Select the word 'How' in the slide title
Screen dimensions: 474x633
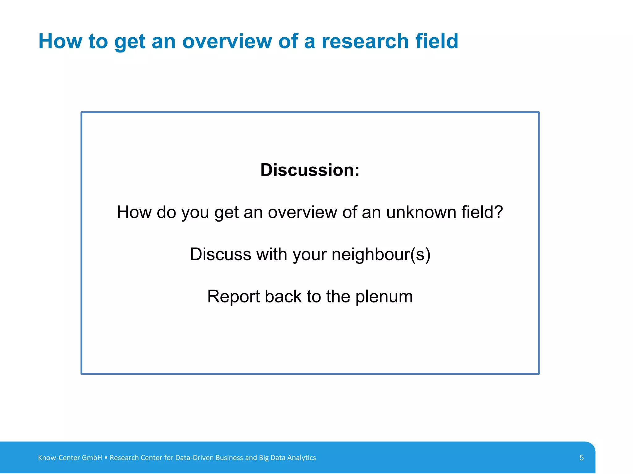coord(60,41)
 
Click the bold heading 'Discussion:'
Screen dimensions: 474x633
coord(310,170)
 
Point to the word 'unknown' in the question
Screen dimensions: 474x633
coord(421,213)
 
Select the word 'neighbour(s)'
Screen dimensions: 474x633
coord(381,255)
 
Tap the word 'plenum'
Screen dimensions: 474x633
coord(384,297)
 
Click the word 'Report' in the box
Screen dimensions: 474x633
coord(233,297)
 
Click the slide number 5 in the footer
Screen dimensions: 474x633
coord(581,458)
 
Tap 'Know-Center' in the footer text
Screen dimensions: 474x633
coord(59,458)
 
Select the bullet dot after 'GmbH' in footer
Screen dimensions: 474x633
coord(106,458)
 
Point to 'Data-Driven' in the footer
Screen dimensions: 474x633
coord(194,458)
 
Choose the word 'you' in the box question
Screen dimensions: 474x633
coord(195,213)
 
